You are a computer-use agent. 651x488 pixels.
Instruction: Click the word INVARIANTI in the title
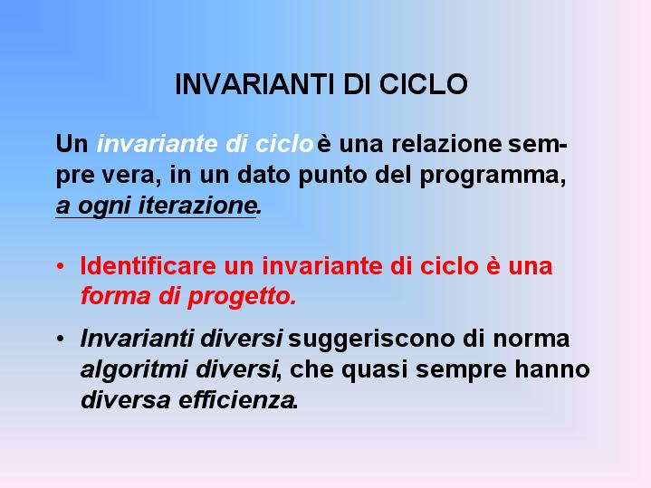[254, 84]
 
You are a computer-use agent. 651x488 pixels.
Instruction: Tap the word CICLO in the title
[424, 84]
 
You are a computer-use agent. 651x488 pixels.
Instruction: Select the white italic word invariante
[158, 144]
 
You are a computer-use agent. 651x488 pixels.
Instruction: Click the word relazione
[446, 144]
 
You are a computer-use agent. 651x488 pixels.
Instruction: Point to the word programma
[491, 176]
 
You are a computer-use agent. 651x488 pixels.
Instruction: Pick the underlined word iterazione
[196, 206]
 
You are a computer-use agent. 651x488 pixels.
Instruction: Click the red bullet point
[61, 266]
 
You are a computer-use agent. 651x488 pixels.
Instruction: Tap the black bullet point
[61, 339]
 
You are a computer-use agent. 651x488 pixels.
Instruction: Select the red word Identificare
[148, 266]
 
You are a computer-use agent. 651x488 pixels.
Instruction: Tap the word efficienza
[236, 400]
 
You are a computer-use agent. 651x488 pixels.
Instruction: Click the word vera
[128, 176]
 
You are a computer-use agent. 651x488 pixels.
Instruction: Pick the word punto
[332, 177]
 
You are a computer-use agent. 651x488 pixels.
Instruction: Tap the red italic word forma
[115, 296]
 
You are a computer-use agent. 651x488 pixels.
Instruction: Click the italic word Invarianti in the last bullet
[137, 339]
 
